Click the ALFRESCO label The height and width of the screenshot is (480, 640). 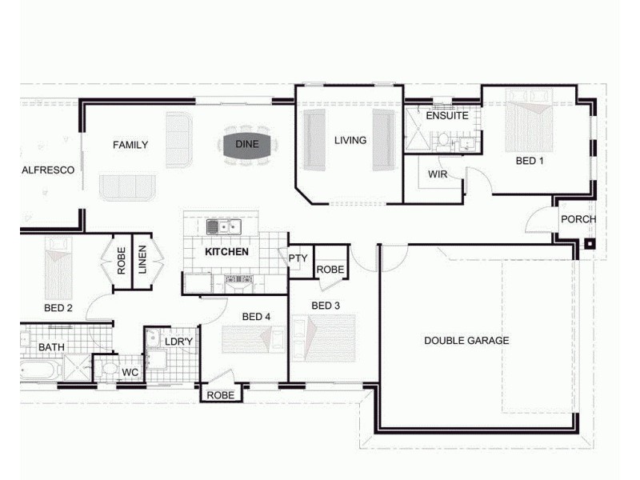(48, 170)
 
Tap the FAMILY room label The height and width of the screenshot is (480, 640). (130, 145)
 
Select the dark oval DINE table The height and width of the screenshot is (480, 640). (246, 145)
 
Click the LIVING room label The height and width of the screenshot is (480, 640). (350, 141)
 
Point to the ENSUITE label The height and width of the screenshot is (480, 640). (446, 116)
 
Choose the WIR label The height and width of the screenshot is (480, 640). (437, 174)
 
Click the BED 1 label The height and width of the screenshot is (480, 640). (530, 161)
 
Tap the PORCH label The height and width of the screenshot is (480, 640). (578, 220)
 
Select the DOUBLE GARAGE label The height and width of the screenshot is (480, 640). (466, 341)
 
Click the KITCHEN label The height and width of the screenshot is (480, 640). (226, 252)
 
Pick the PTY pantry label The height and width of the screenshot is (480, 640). (298, 258)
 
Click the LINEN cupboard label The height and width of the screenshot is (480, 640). (142, 260)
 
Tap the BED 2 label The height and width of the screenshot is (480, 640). (58, 308)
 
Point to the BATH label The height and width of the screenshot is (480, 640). (51, 348)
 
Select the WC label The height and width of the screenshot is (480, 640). (130, 373)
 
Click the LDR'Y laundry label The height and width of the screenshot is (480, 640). (178, 342)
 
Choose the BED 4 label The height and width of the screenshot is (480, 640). (257, 317)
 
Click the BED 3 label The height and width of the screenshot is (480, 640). (326, 306)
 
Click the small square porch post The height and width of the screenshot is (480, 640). (590, 245)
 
